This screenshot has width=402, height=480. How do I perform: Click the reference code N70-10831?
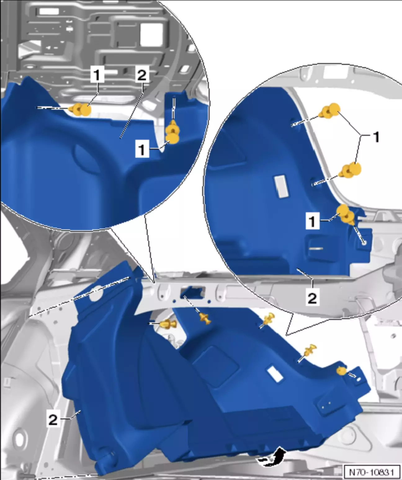pos(372,471)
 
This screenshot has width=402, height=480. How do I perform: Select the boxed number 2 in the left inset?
pos(142,74)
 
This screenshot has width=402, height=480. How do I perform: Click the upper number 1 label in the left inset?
pos(97,74)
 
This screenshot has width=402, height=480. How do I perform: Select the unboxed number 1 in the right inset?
pos(376,137)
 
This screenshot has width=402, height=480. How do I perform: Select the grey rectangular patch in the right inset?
pos(281,187)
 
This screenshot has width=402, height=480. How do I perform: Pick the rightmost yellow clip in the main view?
pos(342,371)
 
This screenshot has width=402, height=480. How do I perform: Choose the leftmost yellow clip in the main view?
pos(168,324)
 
